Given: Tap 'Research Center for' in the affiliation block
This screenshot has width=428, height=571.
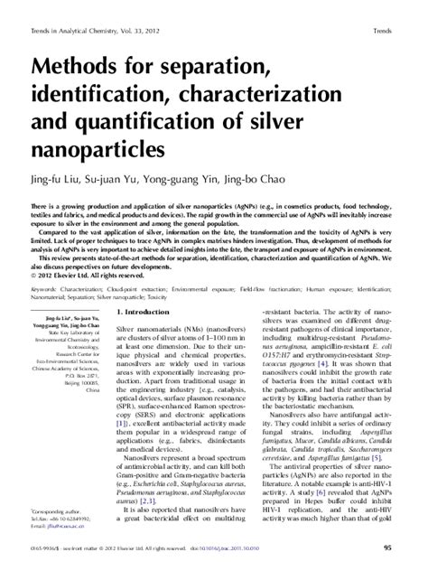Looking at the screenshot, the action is click(82, 367).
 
